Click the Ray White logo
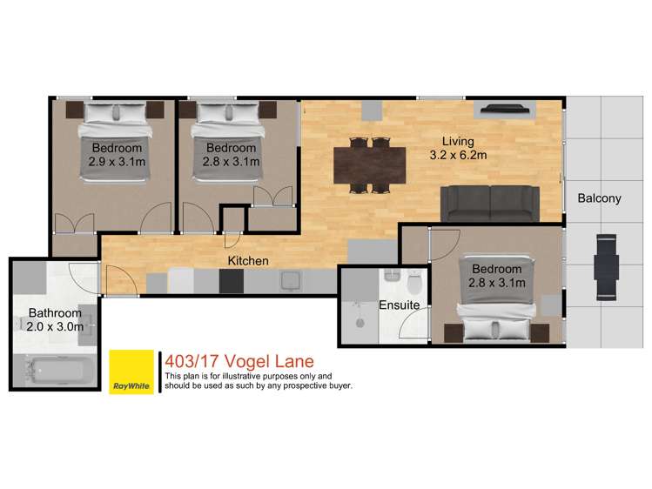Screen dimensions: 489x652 (x=131, y=372)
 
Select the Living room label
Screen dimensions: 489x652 (x=458, y=148)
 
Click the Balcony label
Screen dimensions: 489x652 (x=599, y=198)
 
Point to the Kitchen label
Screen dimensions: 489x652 (x=248, y=260)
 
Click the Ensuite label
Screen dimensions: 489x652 (x=400, y=305)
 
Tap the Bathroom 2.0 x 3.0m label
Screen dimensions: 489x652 (x=55, y=319)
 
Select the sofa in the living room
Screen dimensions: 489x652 (x=490, y=202)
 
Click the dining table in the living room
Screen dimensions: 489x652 (x=369, y=164)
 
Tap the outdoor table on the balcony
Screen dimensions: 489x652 (x=606, y=268)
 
